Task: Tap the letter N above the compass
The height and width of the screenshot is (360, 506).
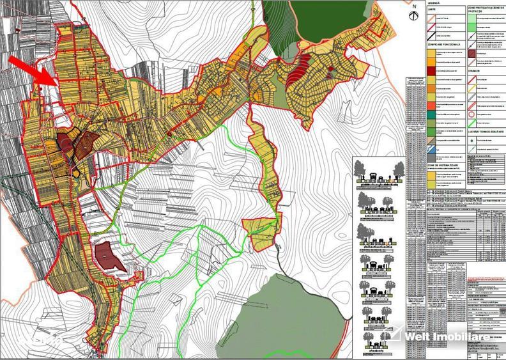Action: coord(415,6)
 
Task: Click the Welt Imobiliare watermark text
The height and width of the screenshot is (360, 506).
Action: coord(453,336)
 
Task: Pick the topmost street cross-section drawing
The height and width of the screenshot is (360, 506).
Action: coord(381,173)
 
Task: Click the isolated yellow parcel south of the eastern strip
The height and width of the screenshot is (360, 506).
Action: coord(262,232)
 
